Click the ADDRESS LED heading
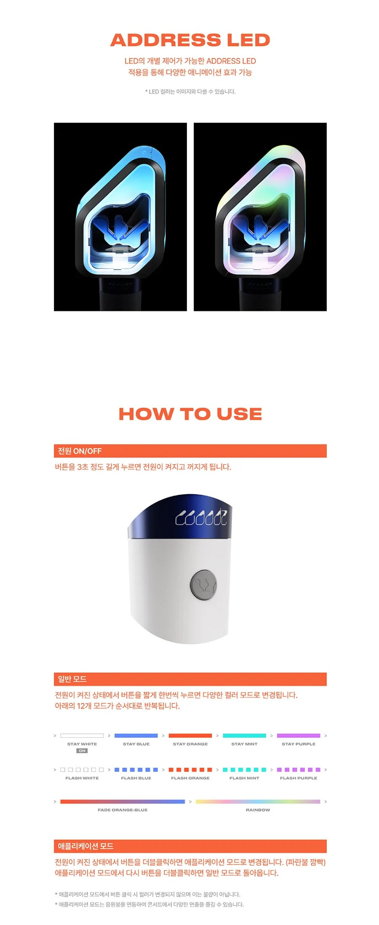click(x=190, y=40)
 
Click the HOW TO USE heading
click(x=190, y=414)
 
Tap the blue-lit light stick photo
click(x=120, y=217)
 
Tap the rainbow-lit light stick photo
click(x=260, y=217)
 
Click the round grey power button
click(x=203, y=585)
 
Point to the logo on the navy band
click(x=201, y=518)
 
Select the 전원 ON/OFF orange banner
click(x=190, y=451)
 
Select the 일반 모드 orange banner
click(x=190, y=679)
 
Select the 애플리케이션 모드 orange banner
click(x=190, y=846)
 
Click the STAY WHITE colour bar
click(x=82, y=736)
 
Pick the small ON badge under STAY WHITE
click(x=82, y=751)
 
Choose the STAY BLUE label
click(x=136, y=744)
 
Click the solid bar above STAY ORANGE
click(x=190, y=736)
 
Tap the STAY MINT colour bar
click(x=244, y=736)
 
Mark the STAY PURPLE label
click(x=299, y=744)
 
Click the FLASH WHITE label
click(x=82, y=778)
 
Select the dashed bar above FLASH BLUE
click(x=136, y=770)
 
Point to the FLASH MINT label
click(x=244, y=778)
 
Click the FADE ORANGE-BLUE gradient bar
click(x=123, y=801)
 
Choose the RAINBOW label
click(x=258, y=810)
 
